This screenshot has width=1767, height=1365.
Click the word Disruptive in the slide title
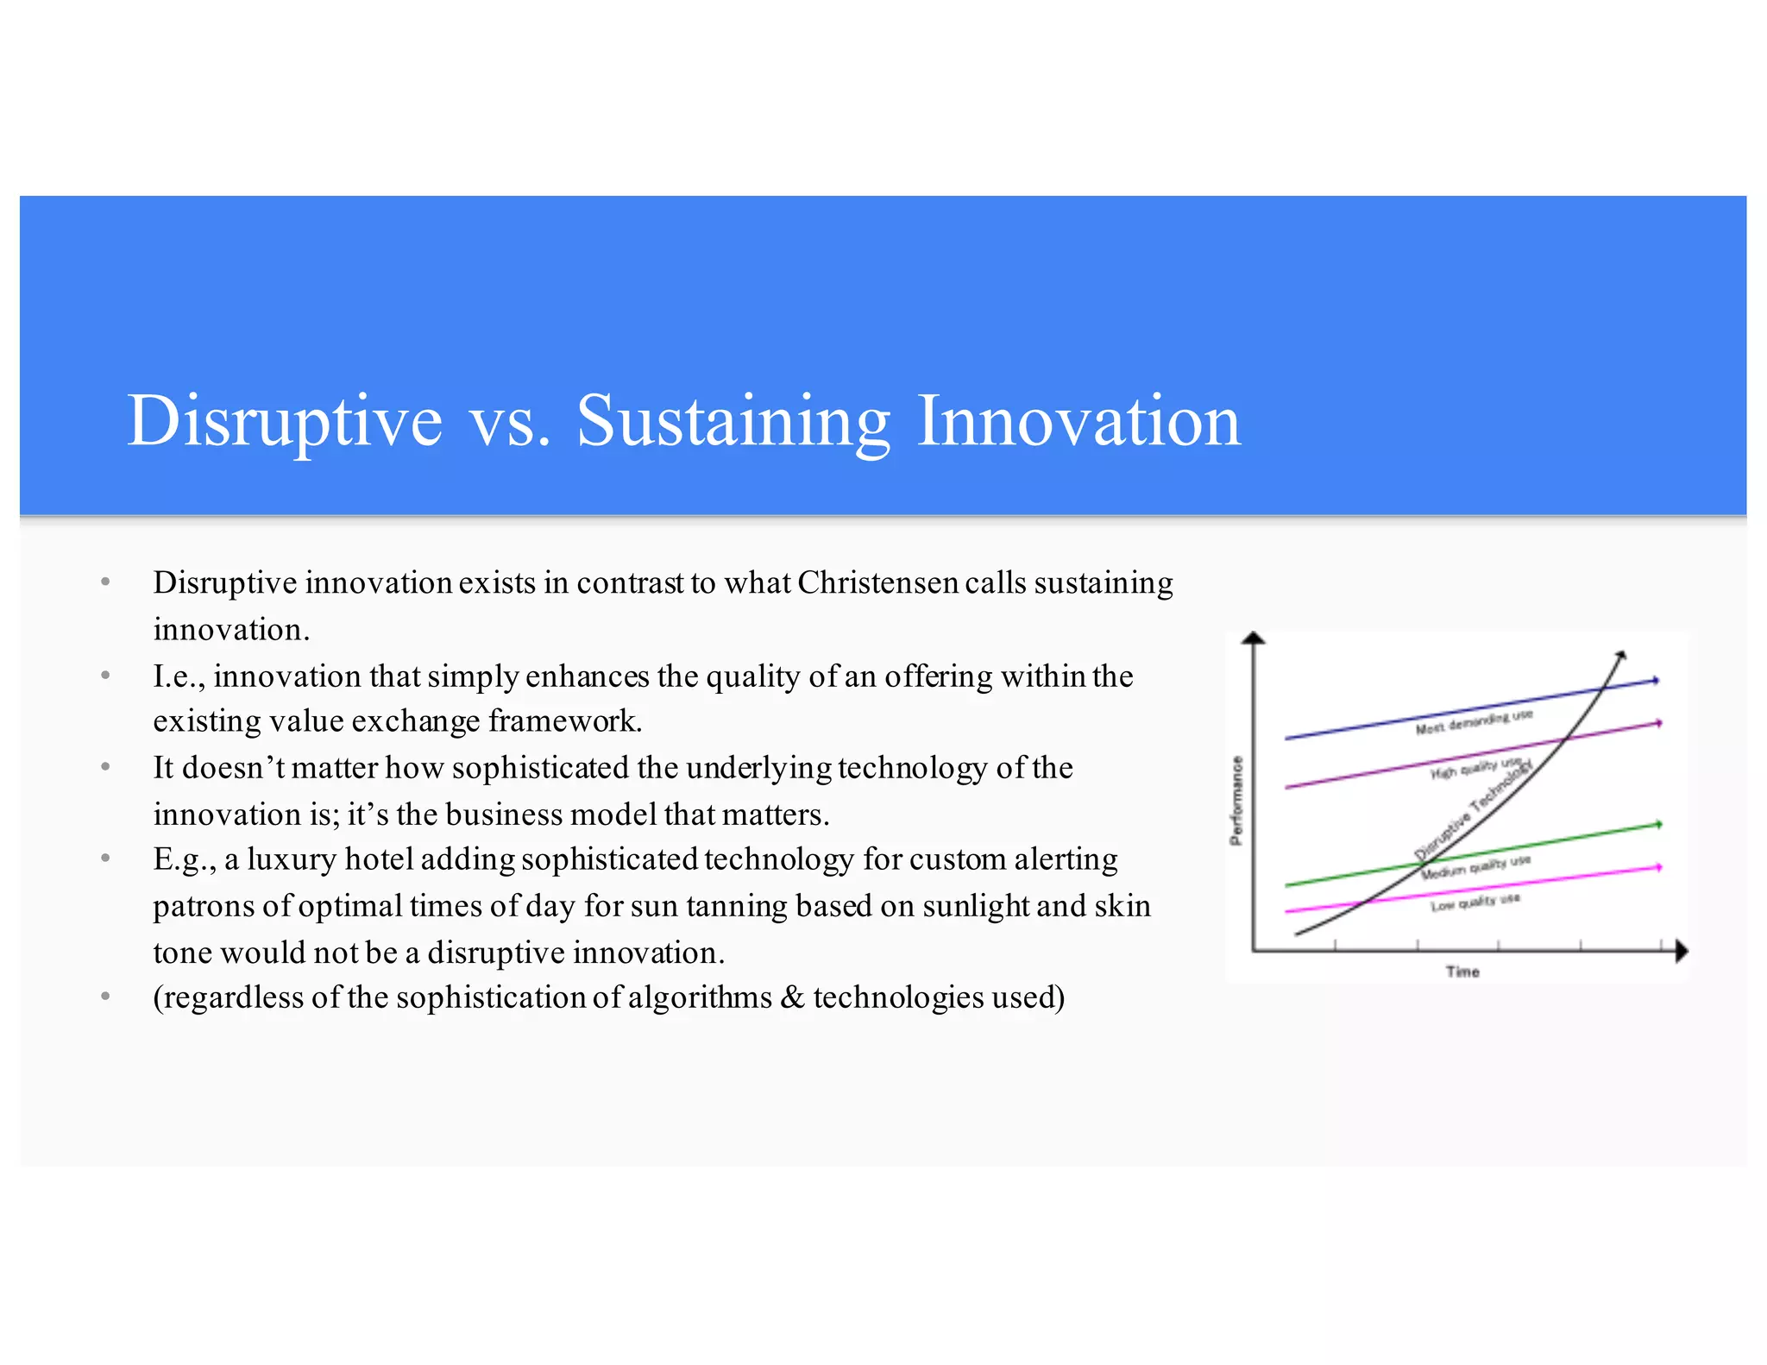(x=285, y=420)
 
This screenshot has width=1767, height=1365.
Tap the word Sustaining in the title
(x=733, y=420)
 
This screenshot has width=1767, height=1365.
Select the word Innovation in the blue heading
(x=1078, y=420)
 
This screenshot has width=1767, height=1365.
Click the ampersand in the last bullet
(x=792, y=997)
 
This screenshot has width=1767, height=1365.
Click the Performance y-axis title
(x=1236, y=800)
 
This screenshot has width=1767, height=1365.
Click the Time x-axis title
(x=1462, y=972)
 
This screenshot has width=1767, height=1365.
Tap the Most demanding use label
(x=1474, y=722)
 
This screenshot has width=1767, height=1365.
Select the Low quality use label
(x=1475, y=903)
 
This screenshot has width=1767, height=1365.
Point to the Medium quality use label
(x=1475, y=866)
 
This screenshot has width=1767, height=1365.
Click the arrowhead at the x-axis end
(x=1681, y=952)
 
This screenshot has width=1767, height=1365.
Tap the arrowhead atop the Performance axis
(x=1253, y=638)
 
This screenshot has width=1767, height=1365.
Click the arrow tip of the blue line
(x=1656, y=680)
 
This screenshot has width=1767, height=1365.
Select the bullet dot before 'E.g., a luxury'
(x=105, y=859)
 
